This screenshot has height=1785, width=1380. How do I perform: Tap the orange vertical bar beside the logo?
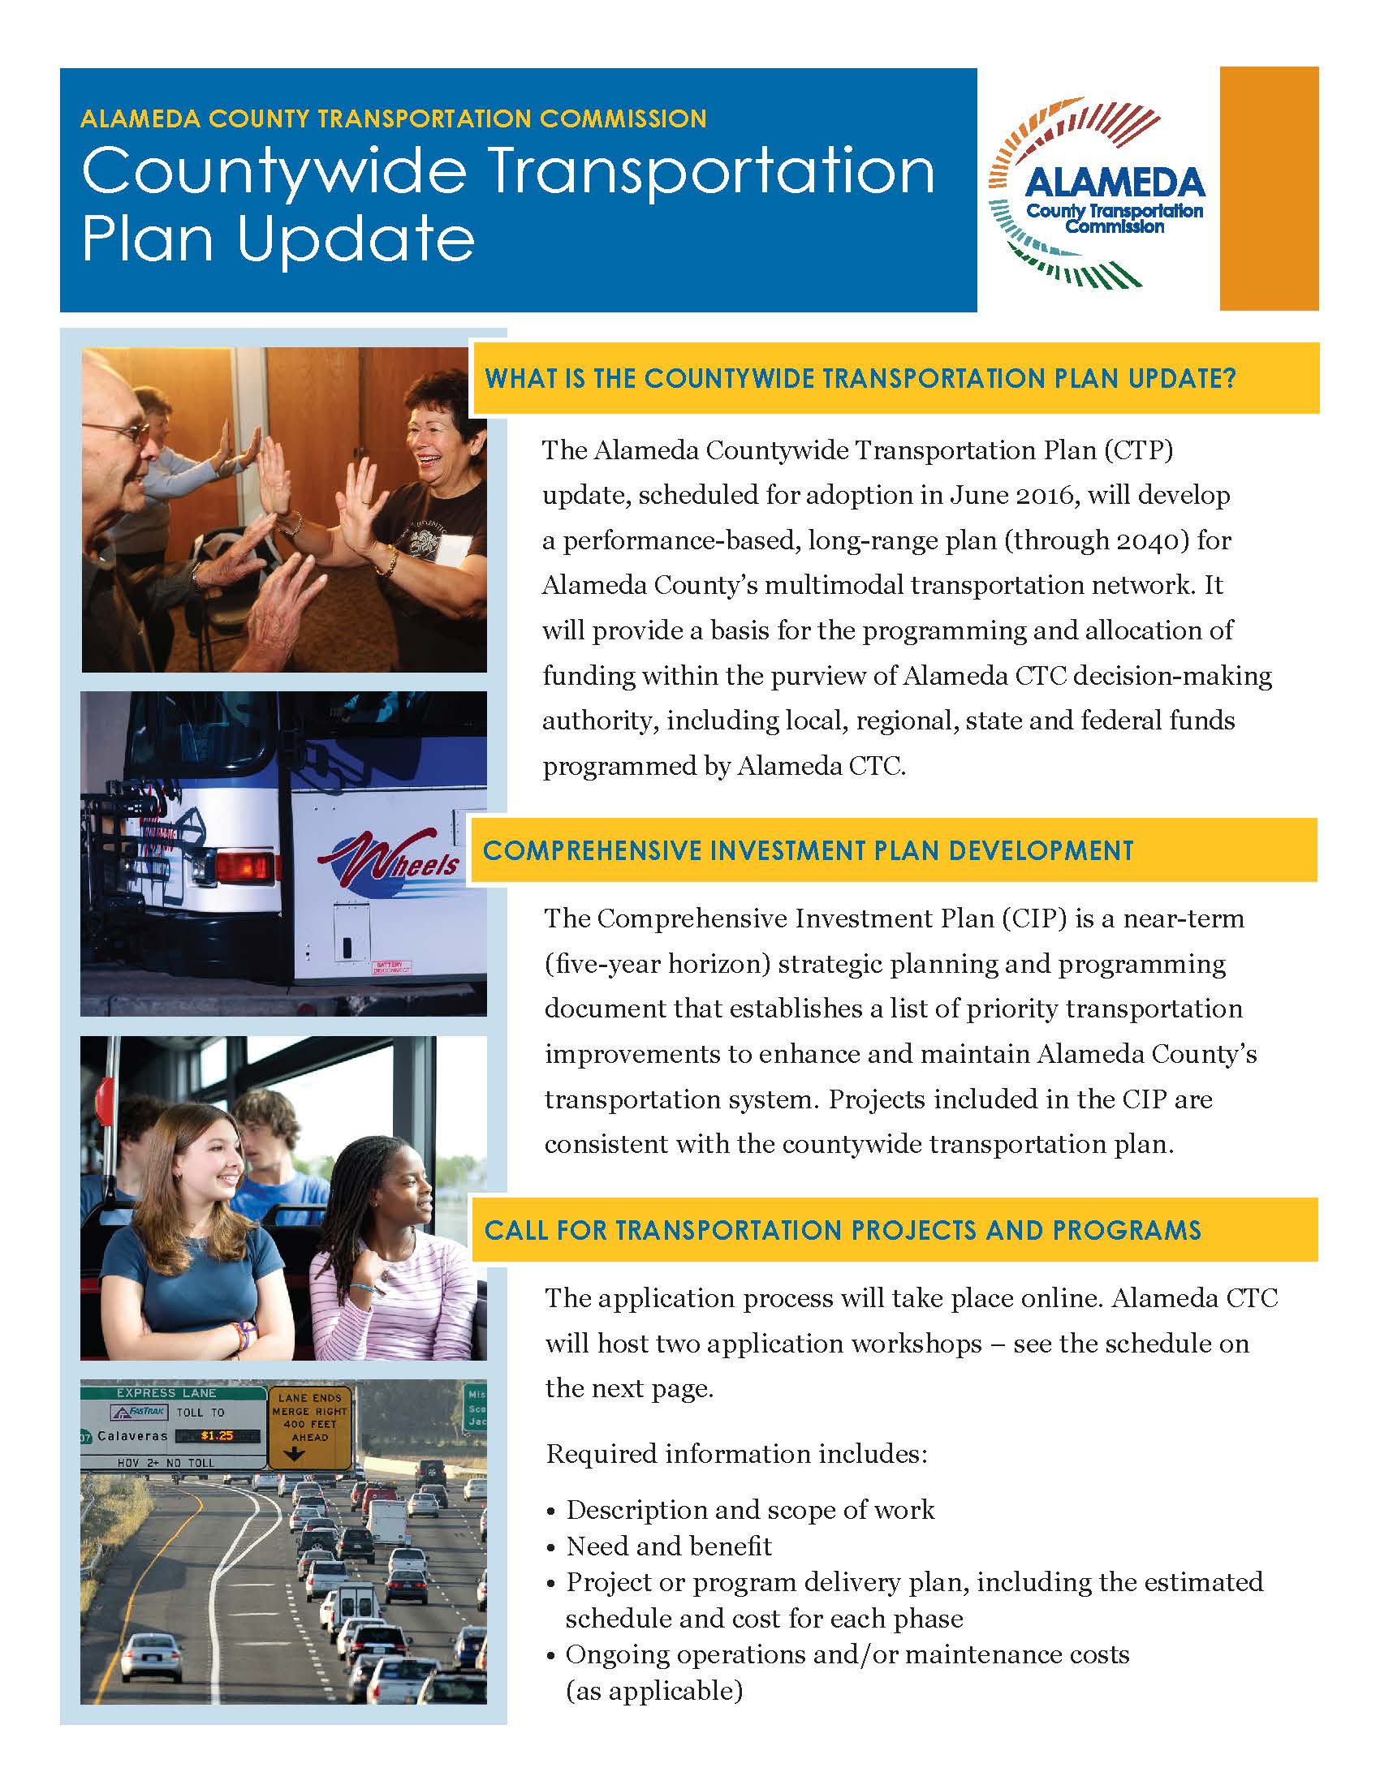pyautogui.click(x=1268, y=188)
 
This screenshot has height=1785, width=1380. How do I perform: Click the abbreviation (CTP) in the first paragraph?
pyautogui.click(x=1138, y=450)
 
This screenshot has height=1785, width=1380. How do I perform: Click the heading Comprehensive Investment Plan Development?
pyautogui.click(x=808, y=851)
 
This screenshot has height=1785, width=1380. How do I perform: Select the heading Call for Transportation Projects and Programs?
pyautogui.click(x=842, y=1230)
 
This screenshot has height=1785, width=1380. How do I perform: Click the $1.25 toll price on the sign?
pyautogui.click(x=217, y=1435)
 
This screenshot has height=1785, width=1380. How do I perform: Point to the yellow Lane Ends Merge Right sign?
pyautogui.click(x=310, y=1426)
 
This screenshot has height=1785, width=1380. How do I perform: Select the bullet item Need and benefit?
pyautogui.click(x=669, y=1546)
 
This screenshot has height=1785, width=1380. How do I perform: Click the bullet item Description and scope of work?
pyautogui.click(x=750, y=1510)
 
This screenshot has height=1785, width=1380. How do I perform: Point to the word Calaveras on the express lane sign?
pyautogui.click(x=132, y=1435)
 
